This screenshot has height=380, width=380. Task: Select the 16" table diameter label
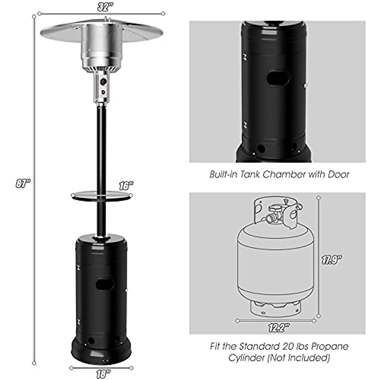(126, 186)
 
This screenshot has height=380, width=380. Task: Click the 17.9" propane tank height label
(332, 261)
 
